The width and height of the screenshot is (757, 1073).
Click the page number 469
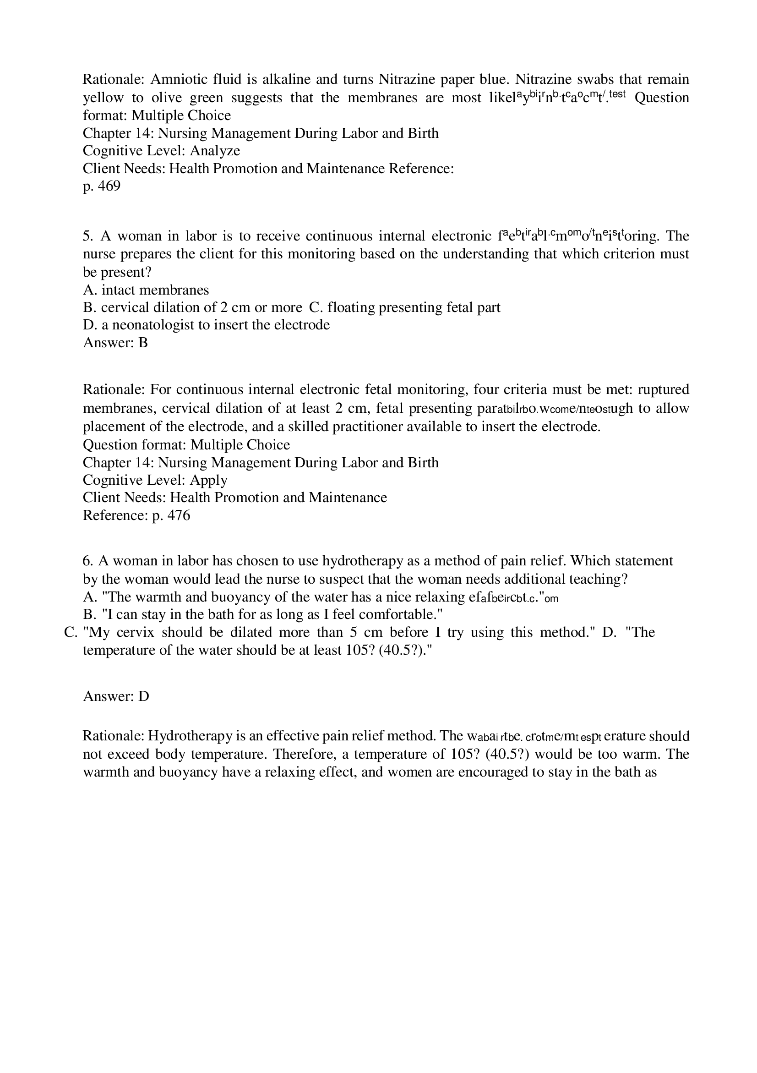click(109, 186)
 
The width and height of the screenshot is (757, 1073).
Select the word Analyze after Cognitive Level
click(215, 150)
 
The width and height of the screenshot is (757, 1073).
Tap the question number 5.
click(88, 236)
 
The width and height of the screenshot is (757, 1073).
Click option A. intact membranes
click(146, 290)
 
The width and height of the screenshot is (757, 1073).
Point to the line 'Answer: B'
click(115, 343)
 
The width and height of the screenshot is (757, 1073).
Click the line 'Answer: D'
click(116, 696)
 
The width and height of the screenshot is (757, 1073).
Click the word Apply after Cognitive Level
click(208, 480)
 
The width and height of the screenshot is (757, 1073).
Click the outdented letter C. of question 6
click(70, 632)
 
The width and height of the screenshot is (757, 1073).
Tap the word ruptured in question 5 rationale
click(663, 389)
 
